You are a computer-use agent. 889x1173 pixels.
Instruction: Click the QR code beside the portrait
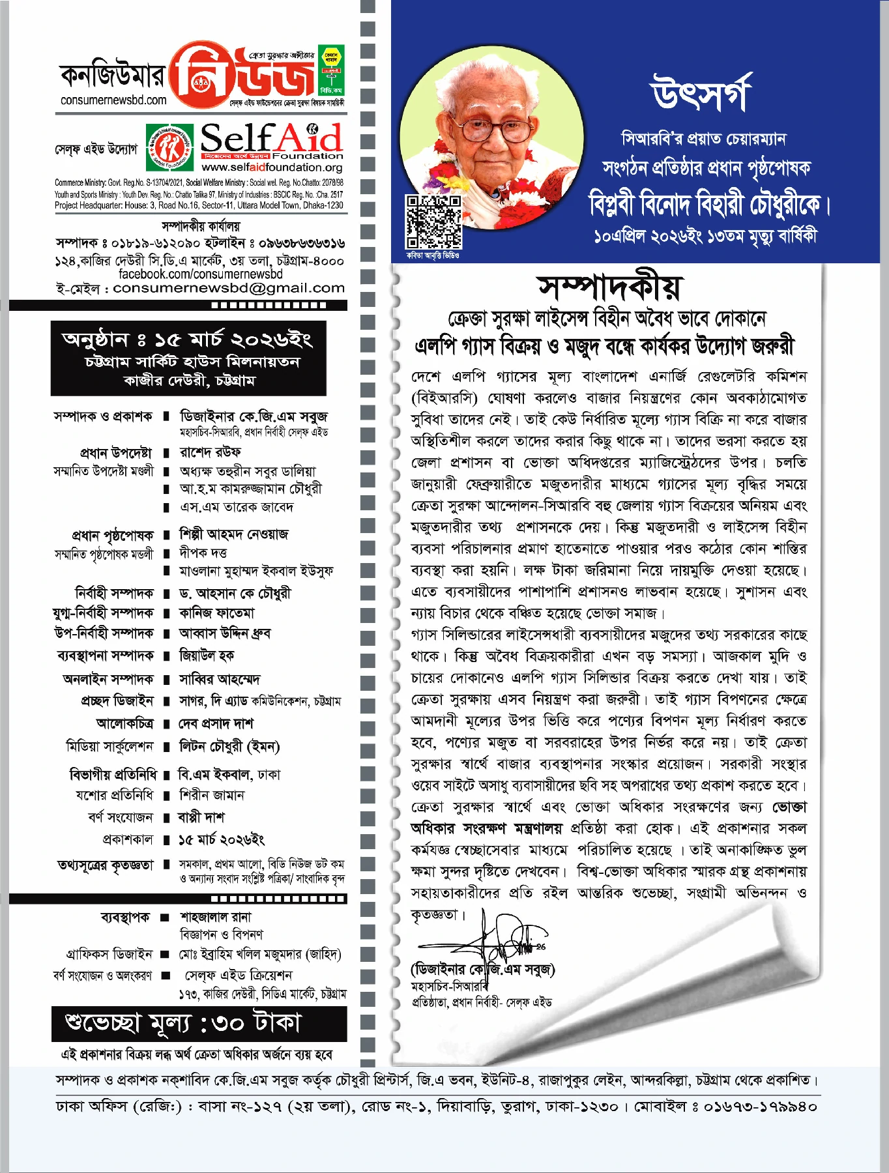pos(433,222)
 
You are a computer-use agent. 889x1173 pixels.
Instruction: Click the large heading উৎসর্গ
pos(701,93)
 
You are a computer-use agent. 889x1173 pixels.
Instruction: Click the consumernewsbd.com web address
pos(113,100)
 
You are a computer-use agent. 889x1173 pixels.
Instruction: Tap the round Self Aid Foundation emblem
pos(169,147)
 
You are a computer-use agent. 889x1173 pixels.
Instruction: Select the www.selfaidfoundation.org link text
pos(272,167)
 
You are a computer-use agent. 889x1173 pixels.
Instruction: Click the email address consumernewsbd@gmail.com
pos(228,288)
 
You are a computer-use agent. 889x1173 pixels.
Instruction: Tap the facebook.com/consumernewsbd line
pos(200,274)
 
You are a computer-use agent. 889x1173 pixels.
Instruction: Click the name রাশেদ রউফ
pos(211,452)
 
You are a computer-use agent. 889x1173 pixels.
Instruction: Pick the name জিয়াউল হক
pos(207,656)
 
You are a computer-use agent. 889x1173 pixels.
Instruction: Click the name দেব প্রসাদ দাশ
pos(216,723)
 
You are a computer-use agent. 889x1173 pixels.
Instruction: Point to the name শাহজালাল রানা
pos(216,917)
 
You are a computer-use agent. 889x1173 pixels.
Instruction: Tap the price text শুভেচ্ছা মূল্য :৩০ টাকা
pos(183,1023)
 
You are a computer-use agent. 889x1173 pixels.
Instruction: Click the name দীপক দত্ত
pos(203,553)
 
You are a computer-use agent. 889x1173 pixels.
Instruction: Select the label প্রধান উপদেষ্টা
pos(116,453)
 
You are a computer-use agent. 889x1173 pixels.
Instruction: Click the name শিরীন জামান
pos(212,795)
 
